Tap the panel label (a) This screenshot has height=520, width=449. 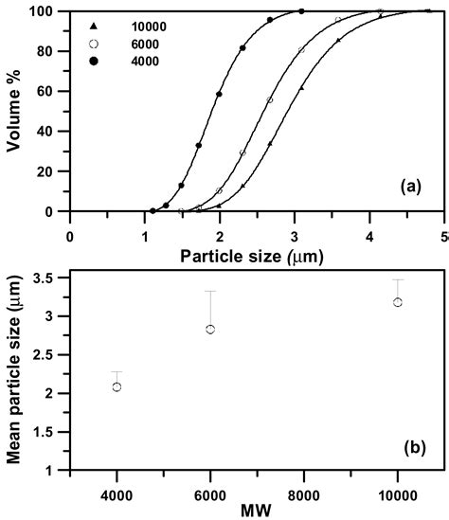[x=410, y=187]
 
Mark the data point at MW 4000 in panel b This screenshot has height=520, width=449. [x=117, y=386]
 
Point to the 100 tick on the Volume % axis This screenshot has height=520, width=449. [x=43, y=11]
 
